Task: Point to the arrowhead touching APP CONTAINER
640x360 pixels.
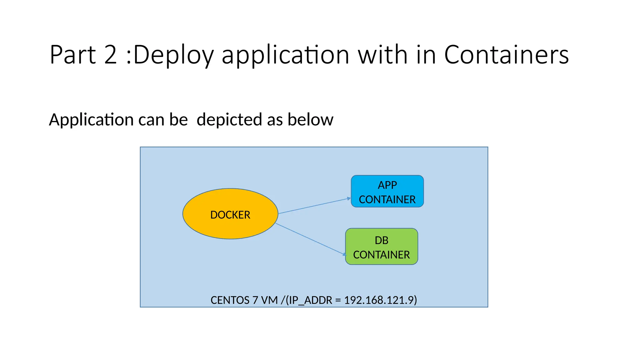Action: click(349, 198)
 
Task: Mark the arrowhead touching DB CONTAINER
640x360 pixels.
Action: click(344, 254)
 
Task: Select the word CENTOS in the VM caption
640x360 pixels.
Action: click(230, 300)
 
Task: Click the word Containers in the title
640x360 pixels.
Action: click(506, 55)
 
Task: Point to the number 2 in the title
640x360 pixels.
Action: click(111, 55)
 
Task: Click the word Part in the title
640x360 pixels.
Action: click(72, 55)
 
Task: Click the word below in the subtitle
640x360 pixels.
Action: click(310, 119)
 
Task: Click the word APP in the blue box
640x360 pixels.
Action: click(387, 185)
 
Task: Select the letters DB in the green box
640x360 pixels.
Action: click(381, 240)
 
